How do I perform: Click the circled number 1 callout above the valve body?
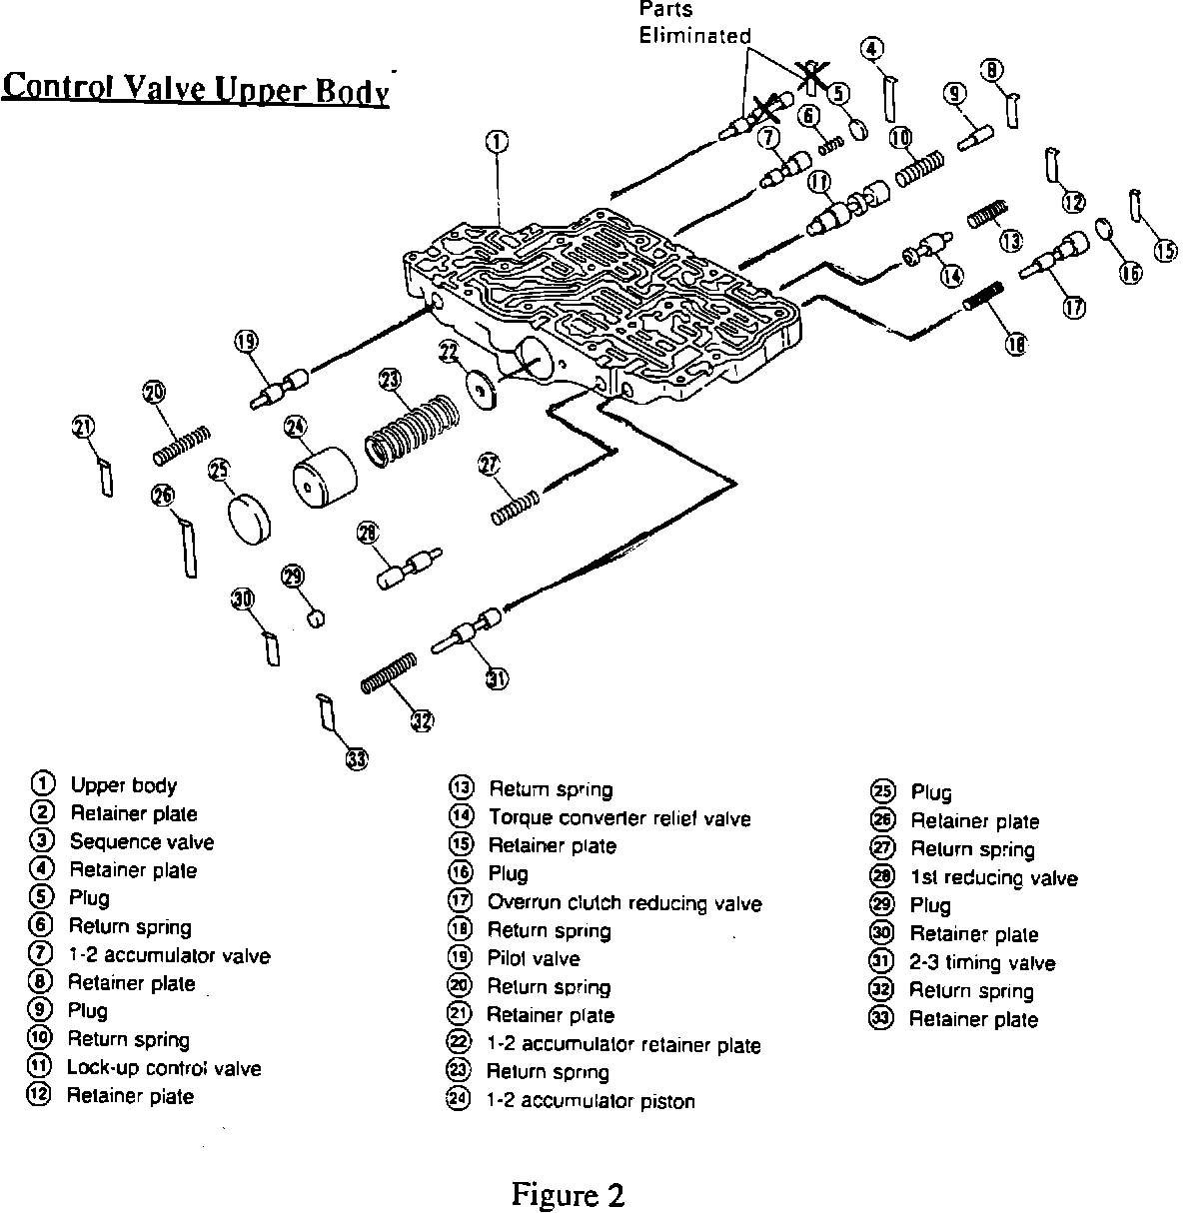pos(498,144)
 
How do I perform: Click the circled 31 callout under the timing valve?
pos(497,679)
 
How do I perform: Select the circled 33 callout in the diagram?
pos(356,759)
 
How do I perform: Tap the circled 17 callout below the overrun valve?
pos(1074,308)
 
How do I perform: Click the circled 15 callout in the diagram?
pos(1166,251)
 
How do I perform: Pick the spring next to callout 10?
pos(919,166)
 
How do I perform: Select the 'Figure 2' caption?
pos(568,1194)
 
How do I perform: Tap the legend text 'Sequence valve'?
pos(141,841)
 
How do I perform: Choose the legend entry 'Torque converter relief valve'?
pos(618,818)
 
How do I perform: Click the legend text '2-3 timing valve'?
pos(982,963)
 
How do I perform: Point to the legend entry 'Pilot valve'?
pos(533,959)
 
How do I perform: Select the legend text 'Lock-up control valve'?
pos(164,1068)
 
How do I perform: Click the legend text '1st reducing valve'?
pos(993,878)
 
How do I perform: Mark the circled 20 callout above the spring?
pos(154,393)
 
